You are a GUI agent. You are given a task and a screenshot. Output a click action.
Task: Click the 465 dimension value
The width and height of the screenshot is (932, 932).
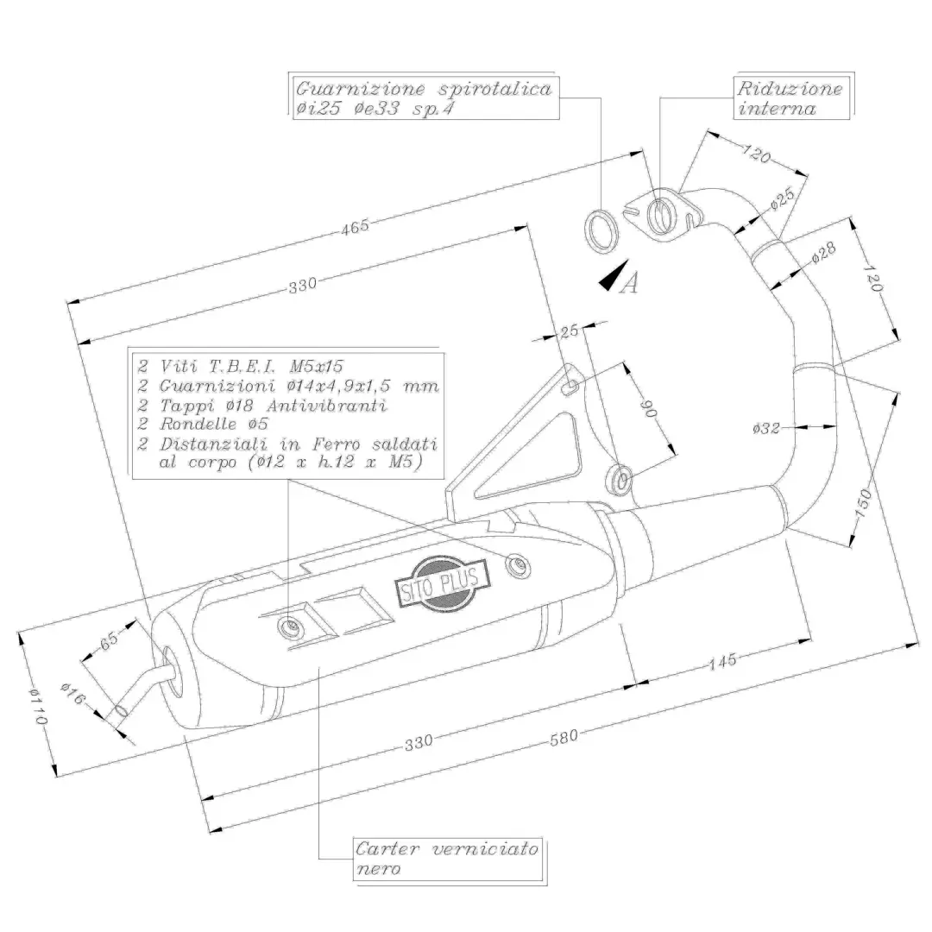coord(355,226)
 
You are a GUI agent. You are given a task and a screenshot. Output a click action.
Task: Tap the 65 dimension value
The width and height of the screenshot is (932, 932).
coord(109,641)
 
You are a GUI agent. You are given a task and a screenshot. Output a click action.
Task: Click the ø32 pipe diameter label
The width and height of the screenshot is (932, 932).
coord(766,428)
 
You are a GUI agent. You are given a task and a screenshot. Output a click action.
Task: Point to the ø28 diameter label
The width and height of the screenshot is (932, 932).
coord(824,252)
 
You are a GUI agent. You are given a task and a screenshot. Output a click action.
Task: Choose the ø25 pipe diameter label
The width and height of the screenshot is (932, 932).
coord(783,199)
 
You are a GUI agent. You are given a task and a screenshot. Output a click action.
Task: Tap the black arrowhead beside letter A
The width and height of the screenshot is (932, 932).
coord(613,278)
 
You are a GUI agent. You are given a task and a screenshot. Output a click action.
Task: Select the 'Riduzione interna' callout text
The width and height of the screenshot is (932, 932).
coord(788,98)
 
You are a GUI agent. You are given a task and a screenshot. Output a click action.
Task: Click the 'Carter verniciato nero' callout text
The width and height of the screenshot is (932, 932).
coord(447,859)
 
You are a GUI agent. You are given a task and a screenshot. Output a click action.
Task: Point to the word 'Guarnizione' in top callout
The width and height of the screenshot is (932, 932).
coord(347,89)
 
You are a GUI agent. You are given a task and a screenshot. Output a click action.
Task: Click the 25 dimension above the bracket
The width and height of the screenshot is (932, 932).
coord(568,330)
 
